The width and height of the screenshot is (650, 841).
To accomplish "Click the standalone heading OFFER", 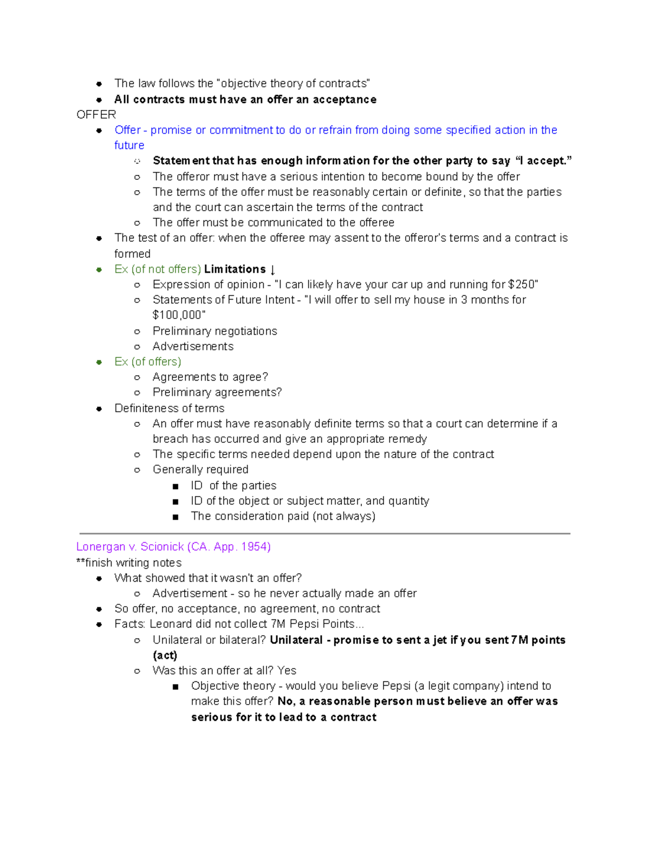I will pos(96,115).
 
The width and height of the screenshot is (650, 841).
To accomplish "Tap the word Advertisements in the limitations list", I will pos(193,347).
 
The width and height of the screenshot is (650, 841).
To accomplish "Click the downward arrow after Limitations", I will pos(272,270).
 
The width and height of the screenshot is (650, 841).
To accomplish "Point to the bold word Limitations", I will pos(235,270).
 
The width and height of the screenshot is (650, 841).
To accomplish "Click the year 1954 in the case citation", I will pos(252,547).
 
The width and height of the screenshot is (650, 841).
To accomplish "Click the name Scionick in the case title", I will pos(162,547).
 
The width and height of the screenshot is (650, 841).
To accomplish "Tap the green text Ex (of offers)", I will pos(147,362).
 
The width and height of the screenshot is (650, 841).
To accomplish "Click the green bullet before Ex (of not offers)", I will pos(99,270).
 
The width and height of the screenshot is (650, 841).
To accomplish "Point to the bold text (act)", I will pos(165,655).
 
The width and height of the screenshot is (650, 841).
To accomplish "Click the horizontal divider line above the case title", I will pos(325,533).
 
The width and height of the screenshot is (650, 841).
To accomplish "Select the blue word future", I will pos(129,146).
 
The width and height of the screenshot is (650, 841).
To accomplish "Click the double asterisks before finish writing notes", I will pos(81,563).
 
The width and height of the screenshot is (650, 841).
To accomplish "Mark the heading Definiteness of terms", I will pos(169,408).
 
